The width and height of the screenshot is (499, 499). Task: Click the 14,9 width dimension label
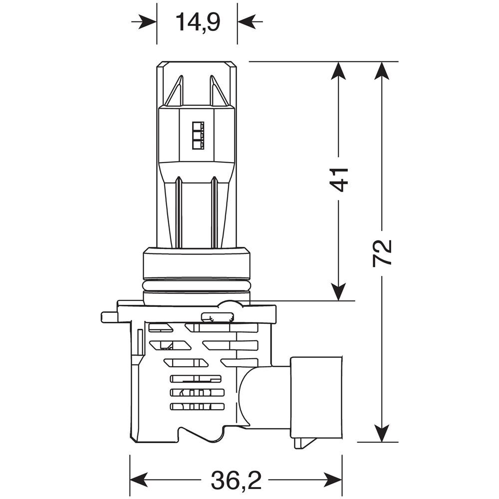(198, 22)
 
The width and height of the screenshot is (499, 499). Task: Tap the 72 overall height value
(382, 253)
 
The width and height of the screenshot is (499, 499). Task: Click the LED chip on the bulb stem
(197, 135)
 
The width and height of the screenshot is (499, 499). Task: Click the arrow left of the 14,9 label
(145, 22)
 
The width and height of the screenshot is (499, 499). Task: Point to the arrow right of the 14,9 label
(249, 22)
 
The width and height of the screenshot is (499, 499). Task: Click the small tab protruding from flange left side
(109, 317)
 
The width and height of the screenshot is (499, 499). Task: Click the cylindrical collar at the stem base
(196, 263)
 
